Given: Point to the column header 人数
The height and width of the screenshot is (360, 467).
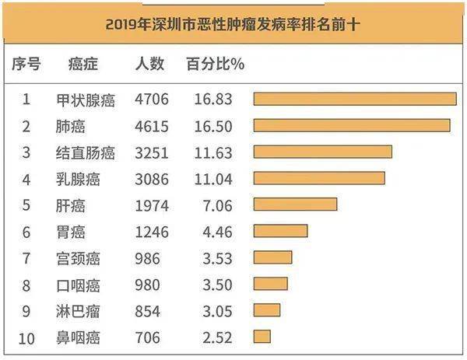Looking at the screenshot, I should [x=149, y=64].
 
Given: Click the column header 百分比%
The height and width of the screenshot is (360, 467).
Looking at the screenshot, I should [x=215, y=64].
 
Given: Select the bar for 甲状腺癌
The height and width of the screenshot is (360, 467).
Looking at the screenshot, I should [x=355, y=99].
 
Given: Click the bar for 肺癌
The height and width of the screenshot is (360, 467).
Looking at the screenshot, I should [x=352, y=125].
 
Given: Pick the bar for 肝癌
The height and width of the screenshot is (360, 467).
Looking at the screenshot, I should [x=295, y=204].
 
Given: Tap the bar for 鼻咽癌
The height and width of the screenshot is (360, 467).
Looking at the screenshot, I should [x=262, y=337].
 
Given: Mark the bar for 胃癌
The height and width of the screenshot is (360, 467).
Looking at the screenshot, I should [x=280, y=231].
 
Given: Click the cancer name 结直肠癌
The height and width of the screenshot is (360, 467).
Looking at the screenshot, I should [x=86, y=152].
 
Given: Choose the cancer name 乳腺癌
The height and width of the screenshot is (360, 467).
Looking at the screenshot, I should [x=79, y=179].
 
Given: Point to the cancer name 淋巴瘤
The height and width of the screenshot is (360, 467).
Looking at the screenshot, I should [x=79, y=311].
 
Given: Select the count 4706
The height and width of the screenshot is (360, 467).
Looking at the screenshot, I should [x=151, y=99].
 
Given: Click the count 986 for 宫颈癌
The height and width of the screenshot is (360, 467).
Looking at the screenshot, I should [x=147, y=258].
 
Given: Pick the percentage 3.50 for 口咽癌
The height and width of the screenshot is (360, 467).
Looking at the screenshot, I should [x=206, y=285].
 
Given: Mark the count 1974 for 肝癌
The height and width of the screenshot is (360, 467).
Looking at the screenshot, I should [x=151, y=205].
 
